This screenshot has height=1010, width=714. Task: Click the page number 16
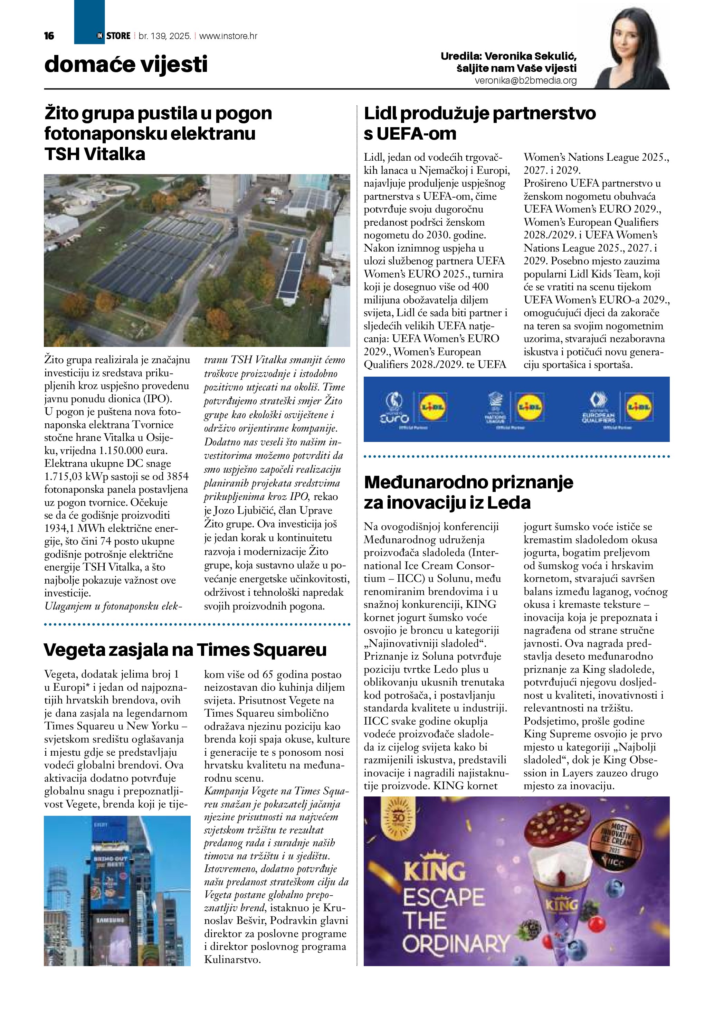click(49, 36)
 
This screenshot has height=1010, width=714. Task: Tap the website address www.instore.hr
click(228, 36)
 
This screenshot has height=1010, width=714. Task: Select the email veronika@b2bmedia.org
click(525, 81)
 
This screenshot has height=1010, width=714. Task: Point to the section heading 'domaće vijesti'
click(126, 65)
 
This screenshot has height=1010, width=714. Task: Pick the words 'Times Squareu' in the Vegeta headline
click(261, 650)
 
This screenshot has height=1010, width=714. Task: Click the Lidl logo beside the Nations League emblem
click(530, 407)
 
